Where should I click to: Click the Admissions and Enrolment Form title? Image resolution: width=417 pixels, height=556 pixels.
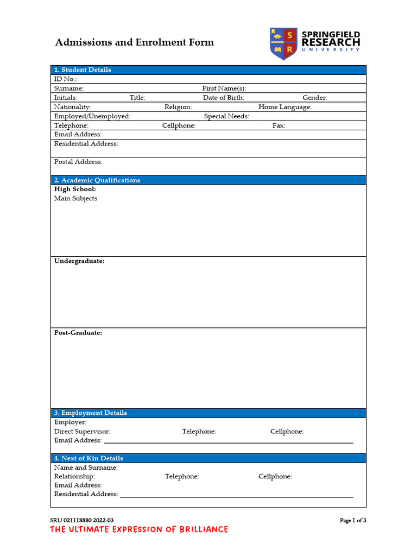tap(135, 42)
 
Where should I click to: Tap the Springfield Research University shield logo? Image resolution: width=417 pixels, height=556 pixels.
tap(283, 43)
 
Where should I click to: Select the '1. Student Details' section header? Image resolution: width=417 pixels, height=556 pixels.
tap(83, 69)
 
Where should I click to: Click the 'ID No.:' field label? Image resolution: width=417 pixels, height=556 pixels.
tap(65, 79)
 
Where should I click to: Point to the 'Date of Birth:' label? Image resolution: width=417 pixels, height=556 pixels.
tap(224, 98)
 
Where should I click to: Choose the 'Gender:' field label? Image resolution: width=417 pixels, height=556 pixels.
tap(315, 98)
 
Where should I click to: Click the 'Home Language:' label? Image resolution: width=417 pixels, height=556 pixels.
tap(285, 107)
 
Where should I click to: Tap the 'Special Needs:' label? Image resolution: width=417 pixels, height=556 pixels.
tap(227, 116)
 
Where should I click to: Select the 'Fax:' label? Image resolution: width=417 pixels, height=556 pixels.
tap(279, 125)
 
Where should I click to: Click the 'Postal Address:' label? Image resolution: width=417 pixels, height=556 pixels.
tap(78, 162)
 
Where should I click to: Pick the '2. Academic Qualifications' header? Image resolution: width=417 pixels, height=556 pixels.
tap(97, 180)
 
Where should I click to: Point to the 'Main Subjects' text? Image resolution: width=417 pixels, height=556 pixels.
tap(76, 199)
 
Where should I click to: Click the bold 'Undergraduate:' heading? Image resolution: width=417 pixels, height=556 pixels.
tap(79, 261)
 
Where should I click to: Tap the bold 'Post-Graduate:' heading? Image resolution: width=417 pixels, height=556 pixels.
tap(78, 333)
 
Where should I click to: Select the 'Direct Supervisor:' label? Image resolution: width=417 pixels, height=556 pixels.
tap(82, 432)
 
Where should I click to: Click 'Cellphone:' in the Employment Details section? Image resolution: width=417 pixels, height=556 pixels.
tap(287, 432)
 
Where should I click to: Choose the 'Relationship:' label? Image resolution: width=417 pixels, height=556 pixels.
tap(74, 476)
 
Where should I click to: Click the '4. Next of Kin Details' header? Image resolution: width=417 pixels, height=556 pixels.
tap(89, 458)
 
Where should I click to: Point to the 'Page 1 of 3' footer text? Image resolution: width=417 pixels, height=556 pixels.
tap(353, 520)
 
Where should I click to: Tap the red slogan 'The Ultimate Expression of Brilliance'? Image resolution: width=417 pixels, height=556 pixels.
tap(139, 529)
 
